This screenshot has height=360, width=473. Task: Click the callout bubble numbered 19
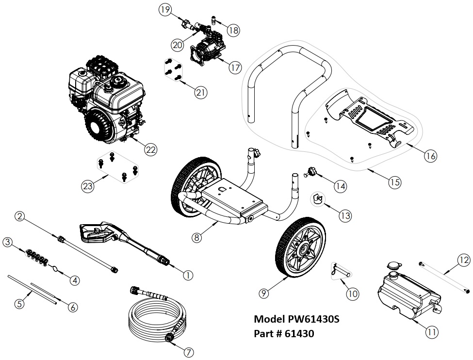165,10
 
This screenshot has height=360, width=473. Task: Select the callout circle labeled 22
151,150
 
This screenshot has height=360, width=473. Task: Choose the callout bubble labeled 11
432,332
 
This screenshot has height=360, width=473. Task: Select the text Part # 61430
284,334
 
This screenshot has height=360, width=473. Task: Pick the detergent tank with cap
408,291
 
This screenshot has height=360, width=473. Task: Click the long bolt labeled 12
443,277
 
